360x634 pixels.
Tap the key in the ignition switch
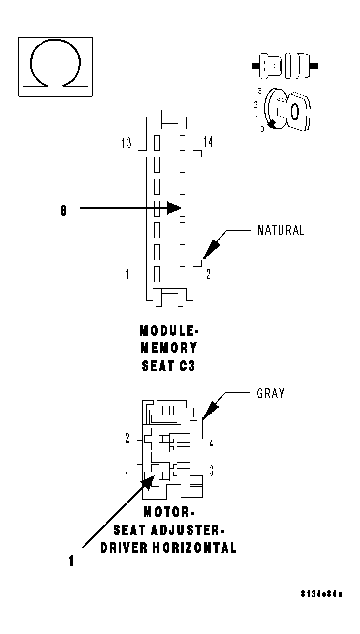[x=292, y=111]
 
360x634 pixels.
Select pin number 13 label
[x=127, y=143]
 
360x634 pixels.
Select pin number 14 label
[x=208, y=142]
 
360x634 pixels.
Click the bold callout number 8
[x=64, y=211]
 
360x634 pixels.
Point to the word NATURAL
[x=281, y=230]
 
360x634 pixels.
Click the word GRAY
[x=271, y=394]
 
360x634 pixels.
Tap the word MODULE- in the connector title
[x=169, y=331]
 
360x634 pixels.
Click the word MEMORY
[x=169, y=348]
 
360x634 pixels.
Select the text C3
[x=186, y=366]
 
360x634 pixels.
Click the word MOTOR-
[x=169, y=512]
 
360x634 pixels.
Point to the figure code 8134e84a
[x=321, y=594]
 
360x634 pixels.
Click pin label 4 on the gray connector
[x=211, y=444]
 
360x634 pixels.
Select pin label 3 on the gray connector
[x=211, y=471]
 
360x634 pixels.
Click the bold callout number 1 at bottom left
[x=71, y=561]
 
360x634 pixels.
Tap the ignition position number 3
[x=260, y=91]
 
